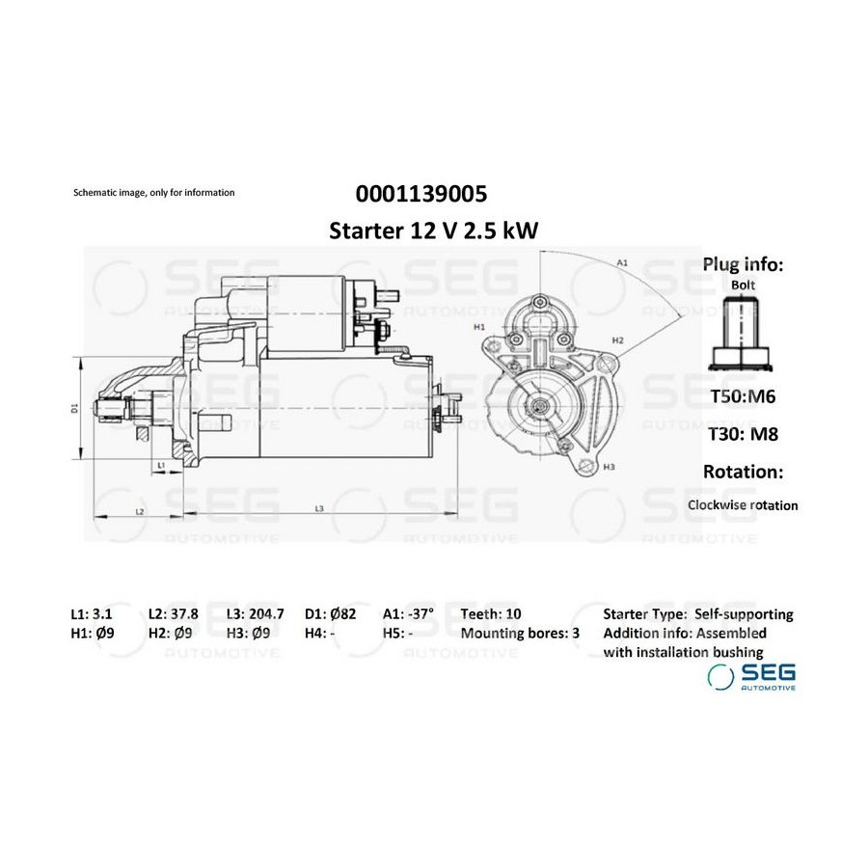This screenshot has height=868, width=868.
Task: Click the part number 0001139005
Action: click(x=421, y=194)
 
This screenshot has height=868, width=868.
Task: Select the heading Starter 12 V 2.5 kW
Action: click(x=433, y=231)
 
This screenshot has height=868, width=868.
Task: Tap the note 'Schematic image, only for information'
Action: click(x=154, y=193)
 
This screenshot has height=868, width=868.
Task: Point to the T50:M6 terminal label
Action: click(x=743, y=396)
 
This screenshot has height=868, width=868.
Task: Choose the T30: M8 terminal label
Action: click(x=743, y=434)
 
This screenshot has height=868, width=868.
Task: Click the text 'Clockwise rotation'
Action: click(x=743, y=505)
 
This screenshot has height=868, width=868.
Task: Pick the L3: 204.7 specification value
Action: click(x=256, y=614)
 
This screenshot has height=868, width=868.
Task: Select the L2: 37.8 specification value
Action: click(x=174, y=614)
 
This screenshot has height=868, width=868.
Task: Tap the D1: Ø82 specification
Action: click(x=331, y=614)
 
